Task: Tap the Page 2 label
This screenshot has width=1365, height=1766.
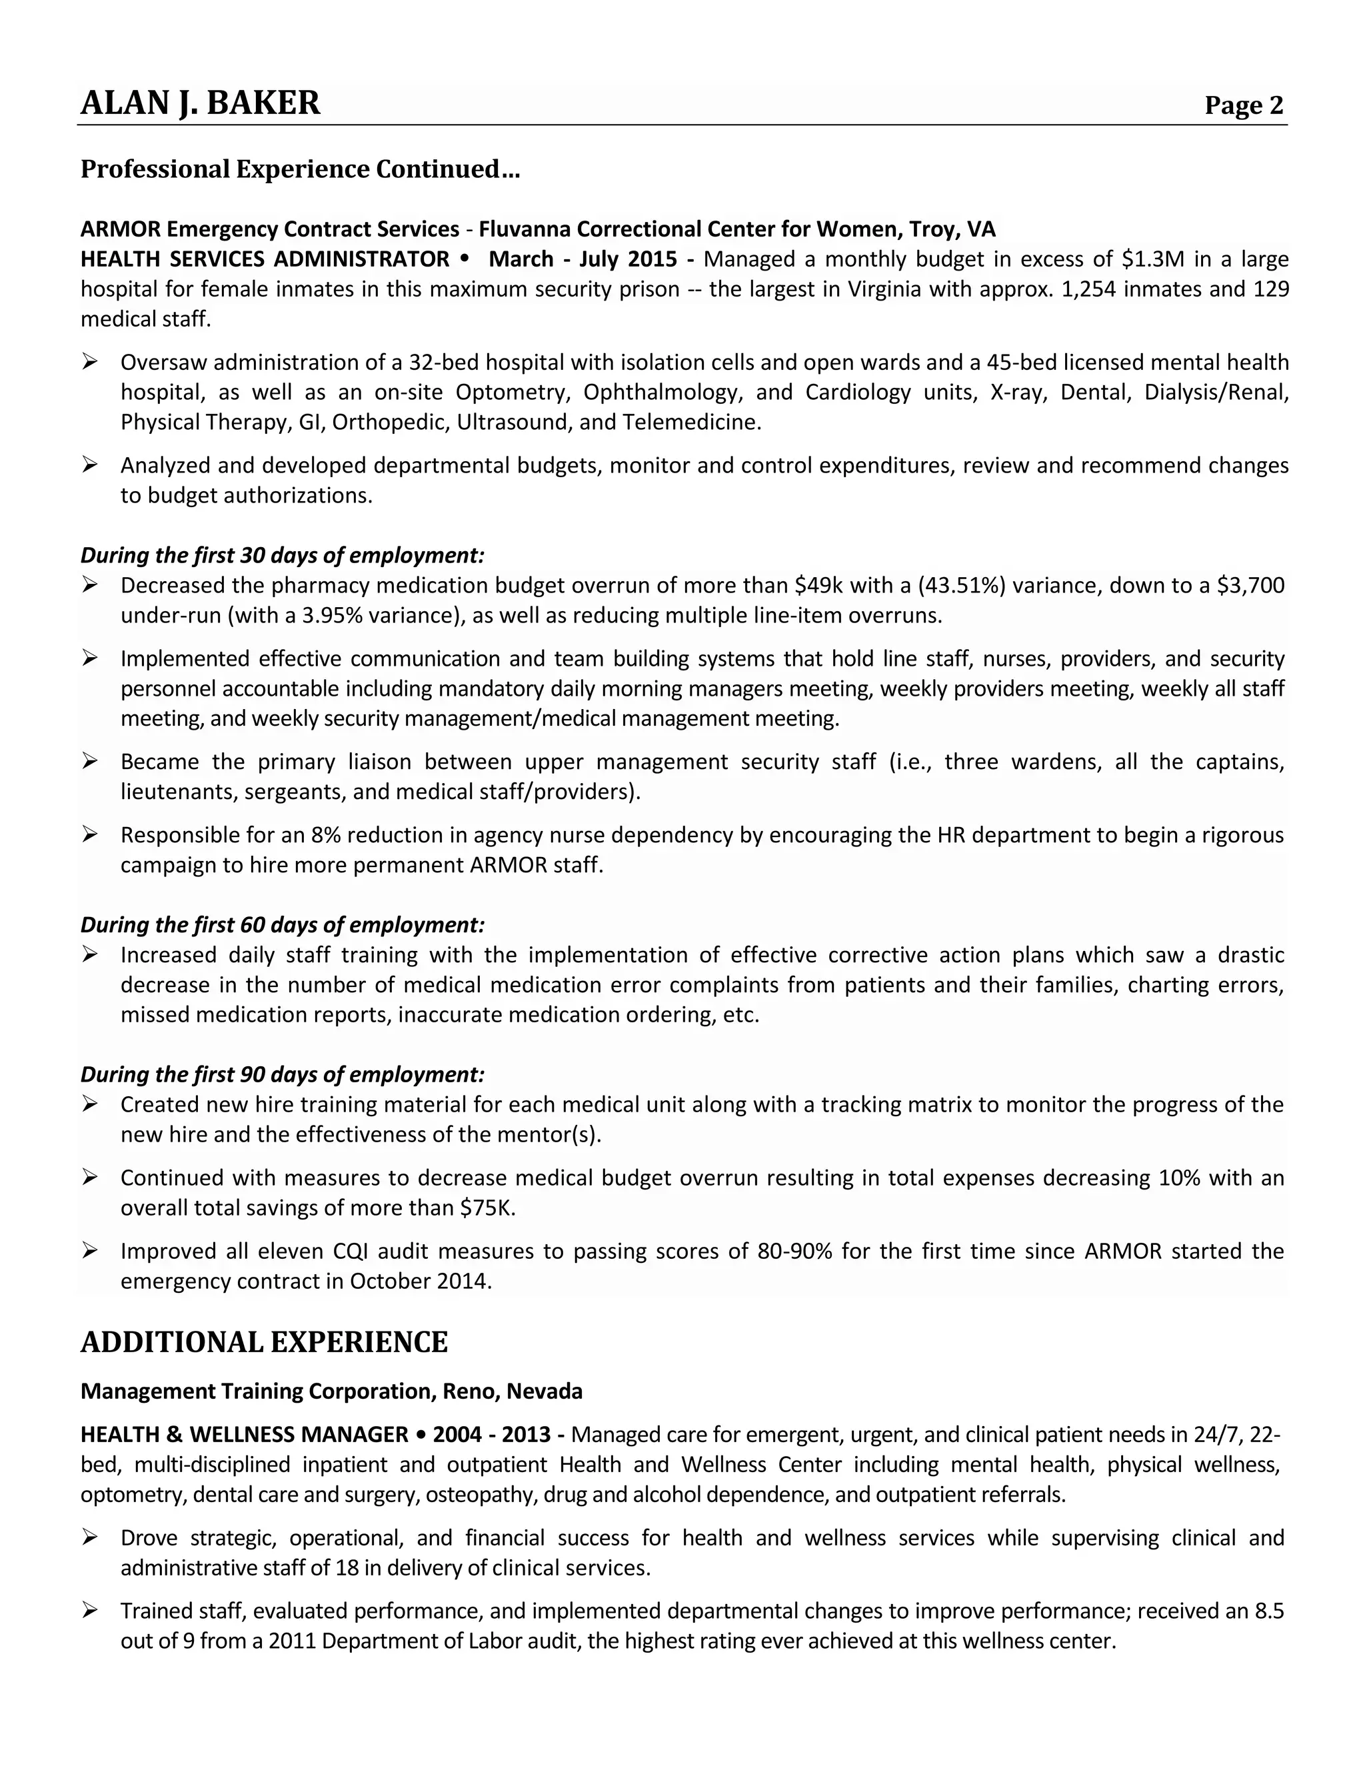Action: (1243, 105)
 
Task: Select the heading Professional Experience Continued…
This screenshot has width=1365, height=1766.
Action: (300, 170)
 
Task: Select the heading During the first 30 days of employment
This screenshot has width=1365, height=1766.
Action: (282, 556)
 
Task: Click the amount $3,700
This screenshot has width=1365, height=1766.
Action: (1250, 585)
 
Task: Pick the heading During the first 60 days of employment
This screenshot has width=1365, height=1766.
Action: (282, 925)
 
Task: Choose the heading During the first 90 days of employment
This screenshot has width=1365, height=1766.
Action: (282, 1075)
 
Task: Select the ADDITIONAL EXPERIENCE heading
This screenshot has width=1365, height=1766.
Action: (264, 1342)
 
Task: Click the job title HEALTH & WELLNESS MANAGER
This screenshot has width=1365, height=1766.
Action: (244, 1435)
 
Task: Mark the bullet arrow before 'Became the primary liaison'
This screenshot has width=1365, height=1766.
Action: (90, 761)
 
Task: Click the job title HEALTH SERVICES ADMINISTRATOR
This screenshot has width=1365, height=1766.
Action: (265, 259)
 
